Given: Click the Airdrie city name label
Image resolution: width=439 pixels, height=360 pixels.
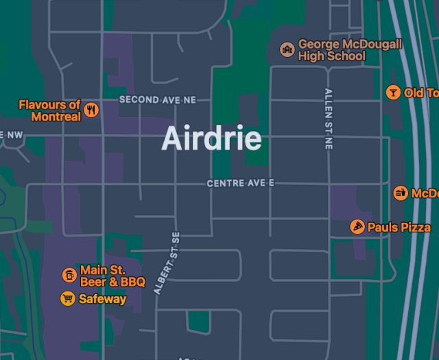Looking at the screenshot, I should pos(211,139).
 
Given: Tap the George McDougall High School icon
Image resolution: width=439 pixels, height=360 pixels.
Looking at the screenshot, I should pos(287,49).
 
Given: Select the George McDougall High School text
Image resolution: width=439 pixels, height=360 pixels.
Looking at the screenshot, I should pos(350,50).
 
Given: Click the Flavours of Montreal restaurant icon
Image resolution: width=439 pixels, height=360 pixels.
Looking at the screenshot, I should pos(91,110).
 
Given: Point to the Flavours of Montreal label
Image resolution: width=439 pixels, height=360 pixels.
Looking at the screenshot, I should pos(49,110).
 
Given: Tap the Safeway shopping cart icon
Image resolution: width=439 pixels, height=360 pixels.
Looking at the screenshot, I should pos(67,299).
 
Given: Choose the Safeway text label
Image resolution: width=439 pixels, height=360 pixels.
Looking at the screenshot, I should pos(102,299).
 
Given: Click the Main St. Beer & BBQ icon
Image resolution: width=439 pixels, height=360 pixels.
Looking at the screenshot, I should pos(69,275).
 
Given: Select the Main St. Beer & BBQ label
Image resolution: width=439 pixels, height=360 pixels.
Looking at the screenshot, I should pos(112,276).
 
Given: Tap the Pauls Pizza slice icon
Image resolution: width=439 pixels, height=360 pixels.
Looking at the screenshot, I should pos(357,227).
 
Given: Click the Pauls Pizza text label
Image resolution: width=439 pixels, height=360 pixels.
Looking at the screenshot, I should pos(399,227).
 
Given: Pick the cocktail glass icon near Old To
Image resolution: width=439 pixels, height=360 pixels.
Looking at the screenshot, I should pos(393,93).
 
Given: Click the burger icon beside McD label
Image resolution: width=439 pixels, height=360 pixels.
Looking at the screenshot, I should pos(401,193).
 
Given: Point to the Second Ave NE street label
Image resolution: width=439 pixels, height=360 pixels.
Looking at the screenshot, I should pos(157,99).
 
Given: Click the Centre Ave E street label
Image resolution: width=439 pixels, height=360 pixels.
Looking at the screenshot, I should pos(241,183).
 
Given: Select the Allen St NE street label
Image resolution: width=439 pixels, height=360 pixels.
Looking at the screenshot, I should pos(329,119).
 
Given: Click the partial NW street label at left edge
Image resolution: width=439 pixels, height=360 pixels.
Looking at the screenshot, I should pos(11,134).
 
